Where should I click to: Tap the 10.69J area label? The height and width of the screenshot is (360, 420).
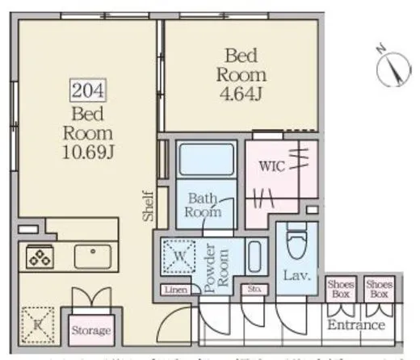point(89,151)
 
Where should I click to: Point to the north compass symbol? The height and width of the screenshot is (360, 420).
point(394,67)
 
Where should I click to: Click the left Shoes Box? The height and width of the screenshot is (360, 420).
point(339,289)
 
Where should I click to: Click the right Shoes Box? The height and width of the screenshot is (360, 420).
point(378,289)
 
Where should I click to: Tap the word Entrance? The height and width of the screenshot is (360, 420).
point(355,325)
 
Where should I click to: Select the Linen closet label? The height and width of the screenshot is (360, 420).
point(176,289)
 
